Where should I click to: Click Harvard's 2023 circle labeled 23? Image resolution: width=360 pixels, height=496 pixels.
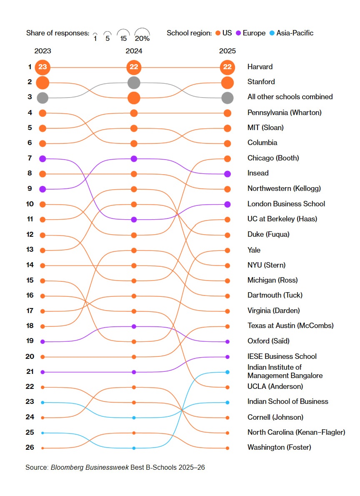point(42,67)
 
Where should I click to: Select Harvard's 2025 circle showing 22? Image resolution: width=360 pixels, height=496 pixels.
point(227,67)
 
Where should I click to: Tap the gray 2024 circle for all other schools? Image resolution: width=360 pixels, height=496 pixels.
point(134,83)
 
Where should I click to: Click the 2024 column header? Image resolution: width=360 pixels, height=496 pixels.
point(134,51)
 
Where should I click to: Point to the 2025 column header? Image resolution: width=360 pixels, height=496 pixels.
point(227,51)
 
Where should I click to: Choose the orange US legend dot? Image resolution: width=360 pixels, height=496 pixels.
point(218,33)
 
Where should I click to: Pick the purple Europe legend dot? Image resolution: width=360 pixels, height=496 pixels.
point(238,33)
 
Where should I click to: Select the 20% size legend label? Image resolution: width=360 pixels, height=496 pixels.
point(142,39)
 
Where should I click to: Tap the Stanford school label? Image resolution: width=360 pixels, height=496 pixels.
point(261,82)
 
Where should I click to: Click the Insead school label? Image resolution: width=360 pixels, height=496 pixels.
point(258,173)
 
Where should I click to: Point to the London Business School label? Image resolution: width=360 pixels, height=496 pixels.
point(286,204)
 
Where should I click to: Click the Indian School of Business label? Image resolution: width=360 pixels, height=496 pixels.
point(287,401)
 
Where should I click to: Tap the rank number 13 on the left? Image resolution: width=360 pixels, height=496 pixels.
point(30,250)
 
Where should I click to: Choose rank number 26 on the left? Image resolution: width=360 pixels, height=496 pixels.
point(30,448)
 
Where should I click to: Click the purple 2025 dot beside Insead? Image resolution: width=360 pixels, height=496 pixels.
point(227,174)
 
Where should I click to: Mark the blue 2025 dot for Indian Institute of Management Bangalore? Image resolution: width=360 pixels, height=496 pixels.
point(227,372)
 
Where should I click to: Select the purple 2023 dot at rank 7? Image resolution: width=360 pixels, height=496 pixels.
point(42,158)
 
